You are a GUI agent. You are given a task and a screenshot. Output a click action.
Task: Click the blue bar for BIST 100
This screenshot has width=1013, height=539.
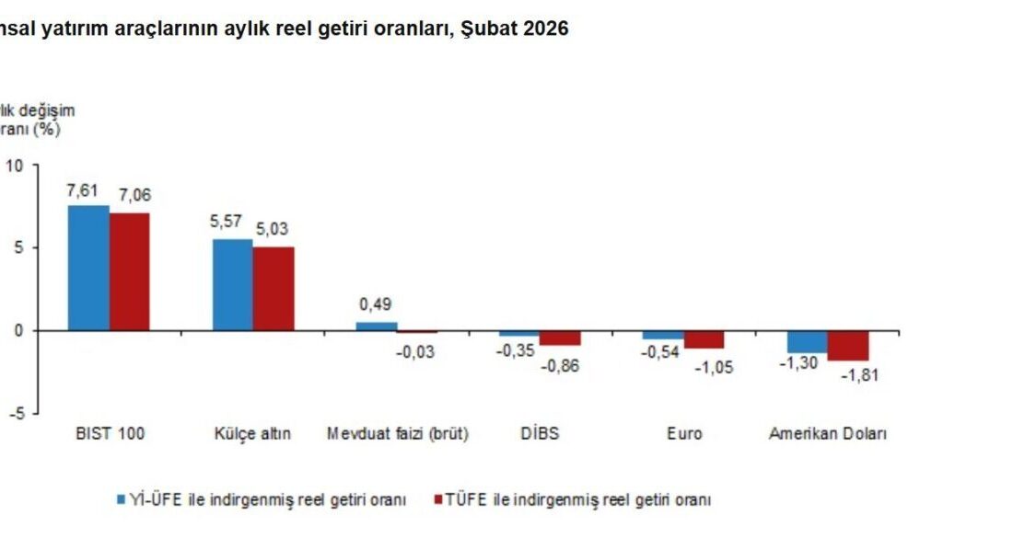point(88,268)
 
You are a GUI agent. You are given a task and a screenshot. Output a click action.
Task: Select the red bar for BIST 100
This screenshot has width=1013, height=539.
point(130,271)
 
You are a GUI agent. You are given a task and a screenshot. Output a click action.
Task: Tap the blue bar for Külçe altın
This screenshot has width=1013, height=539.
point(233,284)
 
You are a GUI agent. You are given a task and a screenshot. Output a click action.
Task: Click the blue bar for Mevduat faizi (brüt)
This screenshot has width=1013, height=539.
point(377,327)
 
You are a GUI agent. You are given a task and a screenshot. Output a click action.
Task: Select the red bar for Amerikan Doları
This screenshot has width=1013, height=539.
point(848,345)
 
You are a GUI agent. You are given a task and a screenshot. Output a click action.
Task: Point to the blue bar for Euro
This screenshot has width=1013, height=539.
point(663,335)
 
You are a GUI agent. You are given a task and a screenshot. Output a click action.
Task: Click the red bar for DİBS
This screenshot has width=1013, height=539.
point(561,338)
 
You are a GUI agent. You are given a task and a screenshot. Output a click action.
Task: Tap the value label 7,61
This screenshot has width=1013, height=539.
point(83,190)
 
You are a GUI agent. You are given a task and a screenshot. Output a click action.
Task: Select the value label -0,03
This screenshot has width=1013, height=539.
point(416,352)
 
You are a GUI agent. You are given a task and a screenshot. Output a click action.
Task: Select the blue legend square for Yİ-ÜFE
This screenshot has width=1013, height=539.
point(121,500)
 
